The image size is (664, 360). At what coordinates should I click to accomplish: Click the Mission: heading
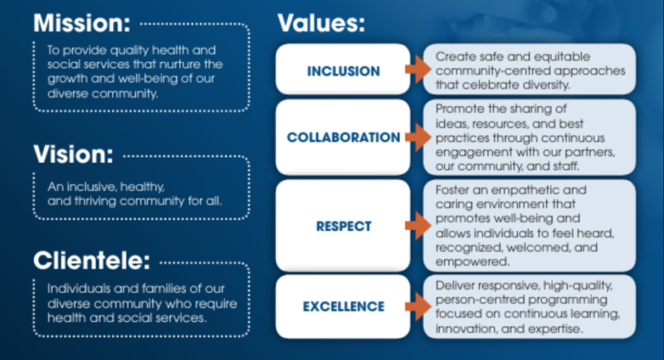81,23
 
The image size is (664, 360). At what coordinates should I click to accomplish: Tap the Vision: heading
73,154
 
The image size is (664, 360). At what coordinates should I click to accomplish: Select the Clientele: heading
91,260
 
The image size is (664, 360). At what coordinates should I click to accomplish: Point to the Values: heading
321,23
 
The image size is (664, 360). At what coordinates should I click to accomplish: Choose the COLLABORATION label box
343,137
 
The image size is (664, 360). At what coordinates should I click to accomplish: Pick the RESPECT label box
343,226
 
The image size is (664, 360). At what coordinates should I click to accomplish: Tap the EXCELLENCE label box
343,306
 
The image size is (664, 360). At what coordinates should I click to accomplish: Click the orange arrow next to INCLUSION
418,69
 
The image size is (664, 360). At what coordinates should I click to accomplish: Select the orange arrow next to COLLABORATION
418,137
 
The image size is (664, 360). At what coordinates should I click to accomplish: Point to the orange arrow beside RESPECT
418,226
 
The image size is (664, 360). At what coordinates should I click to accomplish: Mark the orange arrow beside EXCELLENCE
418,306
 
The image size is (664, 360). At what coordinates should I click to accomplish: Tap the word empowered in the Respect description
472,262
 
